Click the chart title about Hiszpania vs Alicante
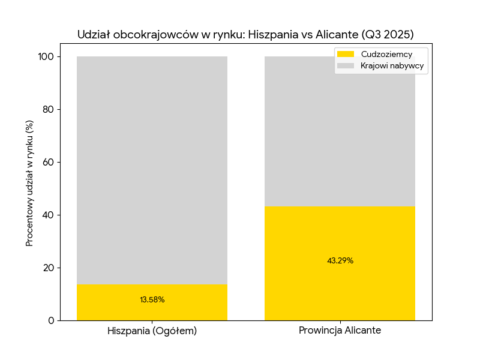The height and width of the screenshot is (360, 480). pos(245,34)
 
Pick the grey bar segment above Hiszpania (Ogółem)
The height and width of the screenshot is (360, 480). pos(152,168)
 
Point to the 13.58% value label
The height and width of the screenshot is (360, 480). pos(152,300)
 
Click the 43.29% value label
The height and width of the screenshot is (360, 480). pos(340,261)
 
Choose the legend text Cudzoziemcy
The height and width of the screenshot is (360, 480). pos(386,54)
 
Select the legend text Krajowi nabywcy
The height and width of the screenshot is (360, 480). pos(393,65)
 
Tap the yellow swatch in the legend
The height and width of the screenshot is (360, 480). pos(346,54)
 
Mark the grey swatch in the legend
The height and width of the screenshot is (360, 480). pos(346,65)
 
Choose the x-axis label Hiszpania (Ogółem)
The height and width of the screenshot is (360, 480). pos(152,331)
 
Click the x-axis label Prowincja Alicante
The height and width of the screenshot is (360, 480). pos(340,331)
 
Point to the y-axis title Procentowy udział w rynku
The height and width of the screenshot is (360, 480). pos(29,183)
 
